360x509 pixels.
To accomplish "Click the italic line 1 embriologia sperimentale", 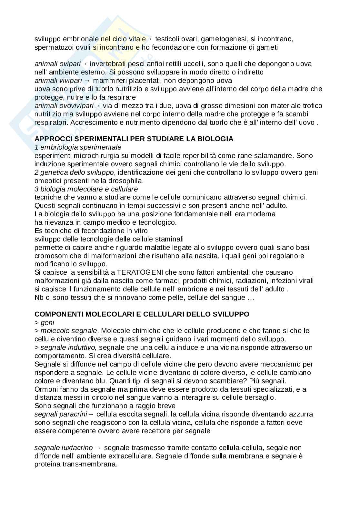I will coord(78,147).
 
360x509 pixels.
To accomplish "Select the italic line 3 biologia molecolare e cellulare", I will coord(86,189).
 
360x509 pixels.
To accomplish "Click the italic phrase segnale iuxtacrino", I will coord(64,448).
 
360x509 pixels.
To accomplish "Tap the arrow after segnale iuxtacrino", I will coord(99,448).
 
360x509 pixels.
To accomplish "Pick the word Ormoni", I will coord(45,389).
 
